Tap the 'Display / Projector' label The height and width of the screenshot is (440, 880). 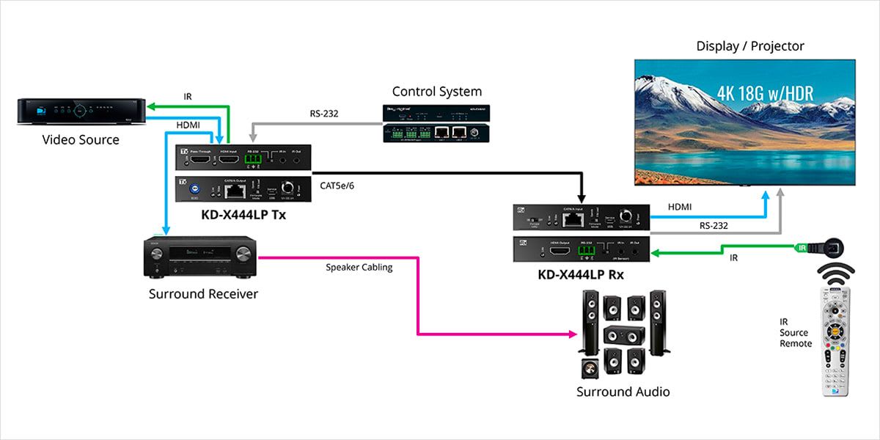749,46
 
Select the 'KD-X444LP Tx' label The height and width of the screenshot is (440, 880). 243,215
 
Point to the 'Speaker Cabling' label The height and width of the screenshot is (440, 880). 359,268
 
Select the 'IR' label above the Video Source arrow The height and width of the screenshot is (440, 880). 188,96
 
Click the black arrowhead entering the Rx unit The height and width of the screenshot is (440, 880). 581,197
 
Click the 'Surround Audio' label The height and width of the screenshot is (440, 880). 623,392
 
